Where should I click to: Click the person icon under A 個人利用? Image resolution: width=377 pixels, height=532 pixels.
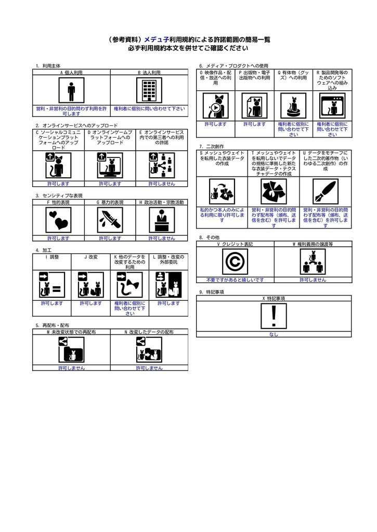tap(71, 92)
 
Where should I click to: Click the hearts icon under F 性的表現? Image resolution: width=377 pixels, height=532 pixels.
tap(58, 220)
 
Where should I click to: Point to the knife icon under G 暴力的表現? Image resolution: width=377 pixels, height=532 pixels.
tap(110, 220)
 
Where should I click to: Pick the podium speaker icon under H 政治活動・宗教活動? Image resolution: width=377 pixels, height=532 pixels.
tap(162, 220)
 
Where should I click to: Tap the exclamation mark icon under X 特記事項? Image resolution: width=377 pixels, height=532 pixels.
tap(274, 316)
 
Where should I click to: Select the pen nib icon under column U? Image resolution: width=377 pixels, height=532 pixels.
tap(325, 192)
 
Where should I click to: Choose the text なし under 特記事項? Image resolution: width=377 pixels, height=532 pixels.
tap(274, 335)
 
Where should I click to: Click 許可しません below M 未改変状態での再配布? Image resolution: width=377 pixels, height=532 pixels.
tap(71, 368)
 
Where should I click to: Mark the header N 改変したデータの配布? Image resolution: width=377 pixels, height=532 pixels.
tap(149, 331)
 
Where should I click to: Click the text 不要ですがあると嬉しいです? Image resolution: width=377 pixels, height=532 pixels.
tap(235, 280)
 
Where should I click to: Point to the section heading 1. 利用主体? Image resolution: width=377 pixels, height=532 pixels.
tap(48, 66)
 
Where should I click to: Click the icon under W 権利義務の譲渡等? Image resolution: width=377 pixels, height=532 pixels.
tap(313, 261)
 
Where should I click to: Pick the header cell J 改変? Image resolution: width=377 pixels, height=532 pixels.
tap(91, 257)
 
